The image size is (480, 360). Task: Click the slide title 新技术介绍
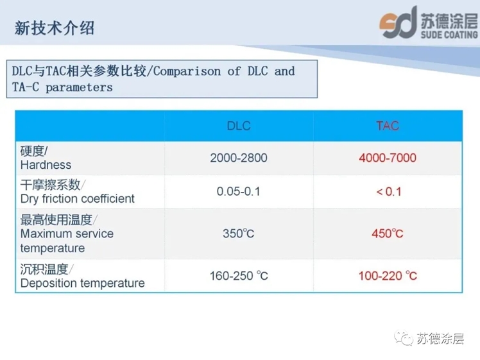click(x=55, y=28)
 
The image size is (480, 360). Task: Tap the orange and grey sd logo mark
click(x=399, y=22)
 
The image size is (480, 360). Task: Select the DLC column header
click(x=239, y=126)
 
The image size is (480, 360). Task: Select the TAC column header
click(x=388, y=126)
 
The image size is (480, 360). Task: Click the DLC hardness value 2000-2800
click(x=239, y=158)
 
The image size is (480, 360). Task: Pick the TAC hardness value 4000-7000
click(x=388, y=158)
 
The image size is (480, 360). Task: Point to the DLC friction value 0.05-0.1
click(x=239, y=192)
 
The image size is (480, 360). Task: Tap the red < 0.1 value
click(x=389, y=192)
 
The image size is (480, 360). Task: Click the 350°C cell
click(x=239, y=234)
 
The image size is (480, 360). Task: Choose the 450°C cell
click(x=388, y=234)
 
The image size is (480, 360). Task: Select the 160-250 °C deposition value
click(x=239, y=276)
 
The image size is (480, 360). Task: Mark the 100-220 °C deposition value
click(x=388, y=276)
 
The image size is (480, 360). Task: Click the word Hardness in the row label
click(x=46, y=165)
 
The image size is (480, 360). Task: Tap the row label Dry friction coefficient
click(x=78, y=199)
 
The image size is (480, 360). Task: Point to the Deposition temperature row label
click(x=83, y=284)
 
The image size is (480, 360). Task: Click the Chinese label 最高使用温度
click(x=56, y=220)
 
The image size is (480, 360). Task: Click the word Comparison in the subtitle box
click(x=187, y=71)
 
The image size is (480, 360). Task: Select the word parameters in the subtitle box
click(x=80, y=88)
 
